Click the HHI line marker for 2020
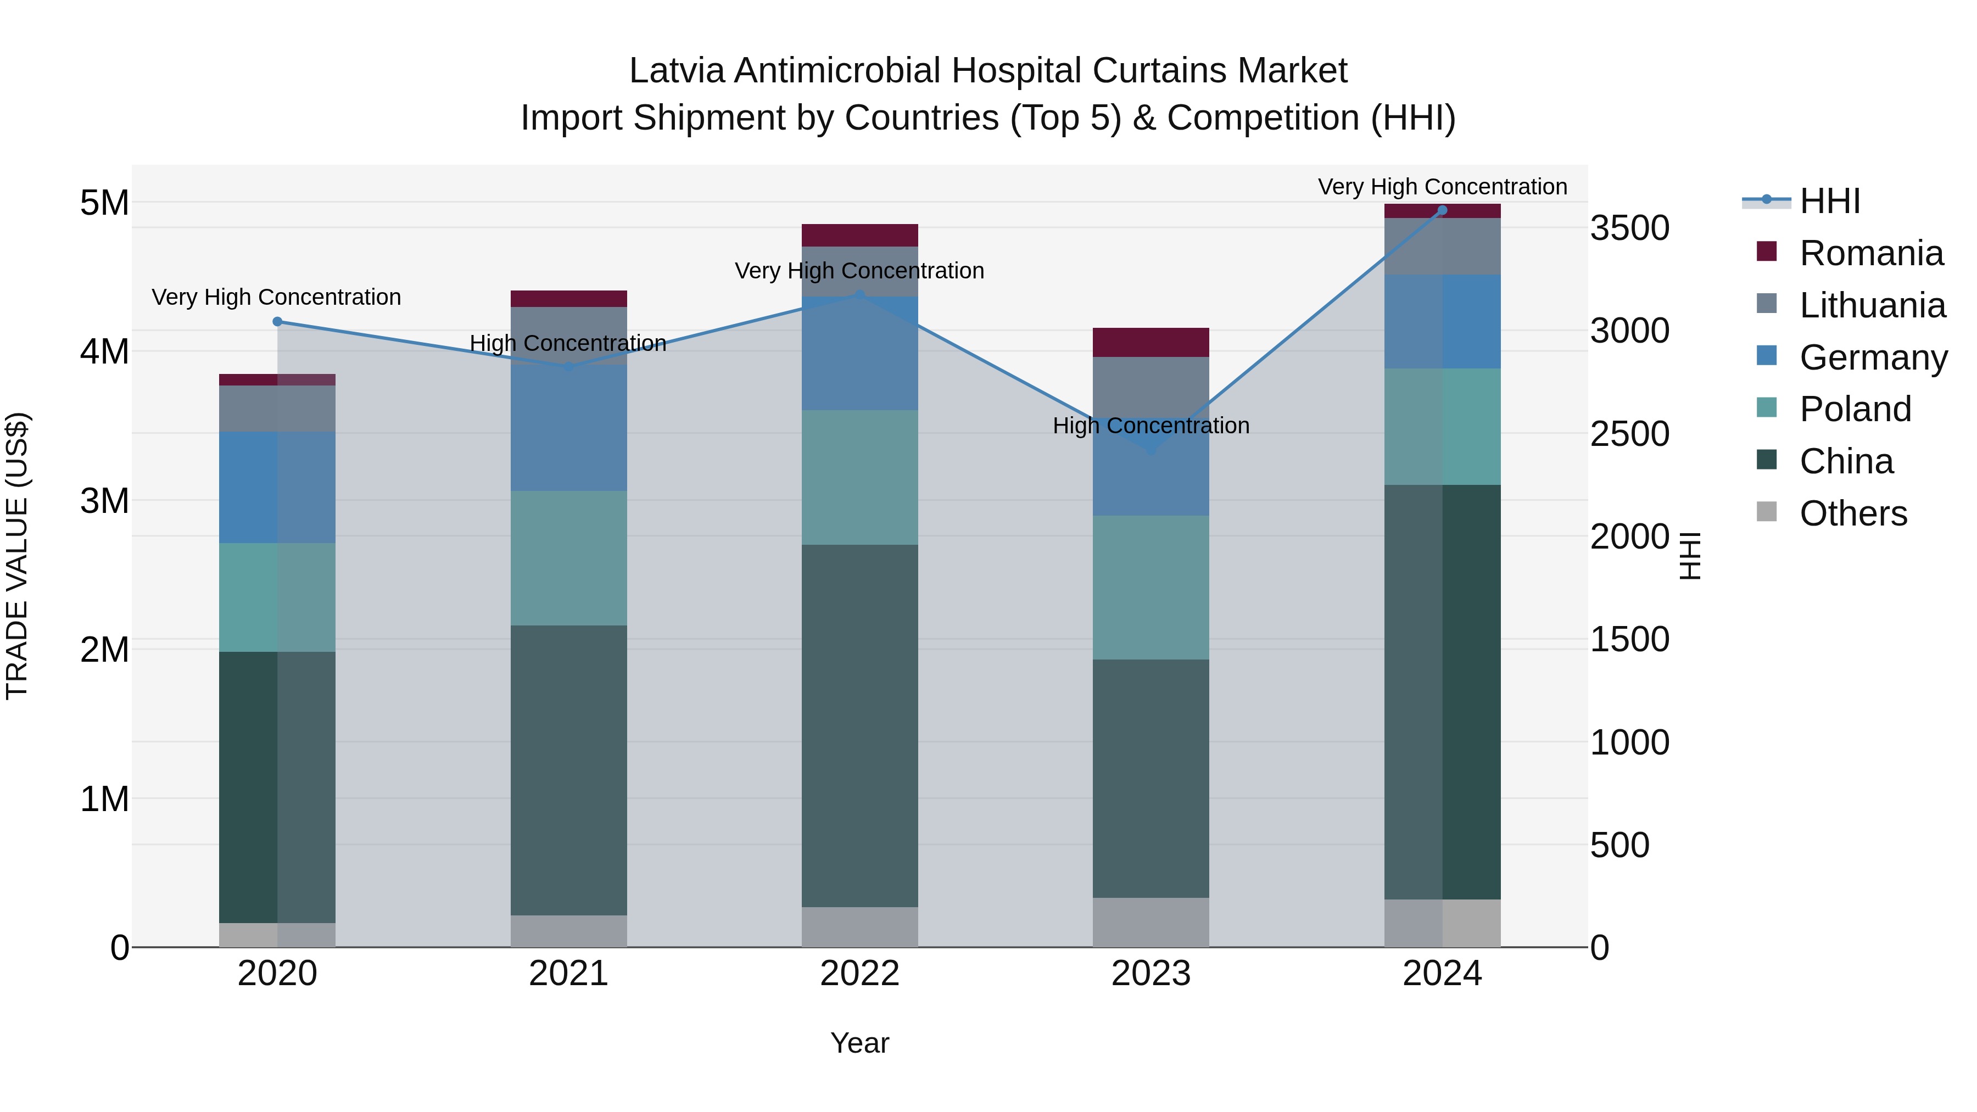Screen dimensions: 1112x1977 pyautogui.click(x=277, y=322)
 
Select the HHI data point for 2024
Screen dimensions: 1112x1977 pyautogui.click(x=1442, y=210)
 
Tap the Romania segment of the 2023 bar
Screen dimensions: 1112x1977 pyautogui.click(x=1151, y=342)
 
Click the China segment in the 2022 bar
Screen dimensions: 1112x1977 pyautogui.click(x=859, y=725)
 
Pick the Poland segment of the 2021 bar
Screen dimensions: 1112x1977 pyautogui.click(x=569, y=558)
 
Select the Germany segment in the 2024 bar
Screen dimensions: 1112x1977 pyautogui.click(x=1442, y=322)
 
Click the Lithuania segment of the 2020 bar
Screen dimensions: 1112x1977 pyautogui.click(x=277, y=408)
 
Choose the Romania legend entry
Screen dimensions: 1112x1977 pyautogui.click(x=1871, y=253)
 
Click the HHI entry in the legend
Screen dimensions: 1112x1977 pyautogui.click(x=1830, y=201)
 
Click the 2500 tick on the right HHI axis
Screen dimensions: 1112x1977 pyautogui.click(x=1629, y=434)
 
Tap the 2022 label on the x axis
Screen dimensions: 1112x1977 pyautogui.click(x=859, y=973)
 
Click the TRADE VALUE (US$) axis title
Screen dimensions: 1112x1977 pyautogui.click(x=17, y=556)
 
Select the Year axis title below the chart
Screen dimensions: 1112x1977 pyautogui.click(x=859, y=1043)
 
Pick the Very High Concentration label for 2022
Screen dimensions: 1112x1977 pyautogui.click(x=859, y=271)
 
